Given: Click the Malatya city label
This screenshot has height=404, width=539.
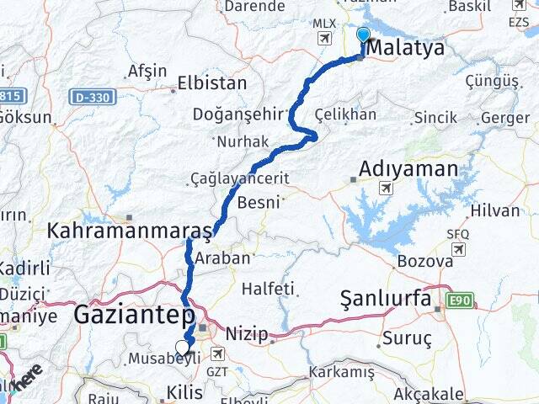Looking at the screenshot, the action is (408, 48).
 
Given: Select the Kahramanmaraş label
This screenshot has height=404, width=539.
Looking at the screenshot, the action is (130, 230).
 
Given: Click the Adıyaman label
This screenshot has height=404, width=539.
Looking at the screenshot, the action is (408, 169).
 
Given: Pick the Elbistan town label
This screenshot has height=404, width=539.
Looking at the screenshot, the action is (212, 83).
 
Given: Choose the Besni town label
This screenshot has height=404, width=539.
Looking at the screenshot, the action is (259, 202).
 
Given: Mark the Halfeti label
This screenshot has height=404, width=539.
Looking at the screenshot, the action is (269, 289).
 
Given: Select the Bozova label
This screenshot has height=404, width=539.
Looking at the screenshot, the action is (424, 260).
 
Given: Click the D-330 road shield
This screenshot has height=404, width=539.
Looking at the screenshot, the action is (92, 98).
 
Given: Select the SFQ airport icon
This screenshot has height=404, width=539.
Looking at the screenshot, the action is (458, 249).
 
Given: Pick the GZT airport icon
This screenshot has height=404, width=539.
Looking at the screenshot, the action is (219, 355).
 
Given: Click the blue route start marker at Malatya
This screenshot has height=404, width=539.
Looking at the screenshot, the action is (363, 35).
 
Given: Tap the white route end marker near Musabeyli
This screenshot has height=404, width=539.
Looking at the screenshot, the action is (182, 347).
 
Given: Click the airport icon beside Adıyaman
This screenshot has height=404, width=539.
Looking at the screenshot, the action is (385, 188).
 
